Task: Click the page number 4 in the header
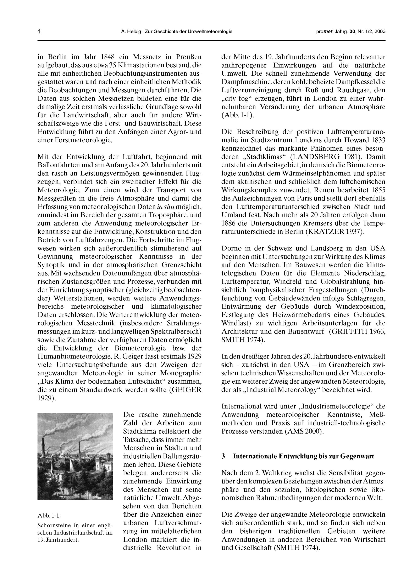tap(39, 31)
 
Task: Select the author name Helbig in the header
tap(134, 32)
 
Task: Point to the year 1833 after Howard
tap(376, 140)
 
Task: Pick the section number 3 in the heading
tap(223, 456)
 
